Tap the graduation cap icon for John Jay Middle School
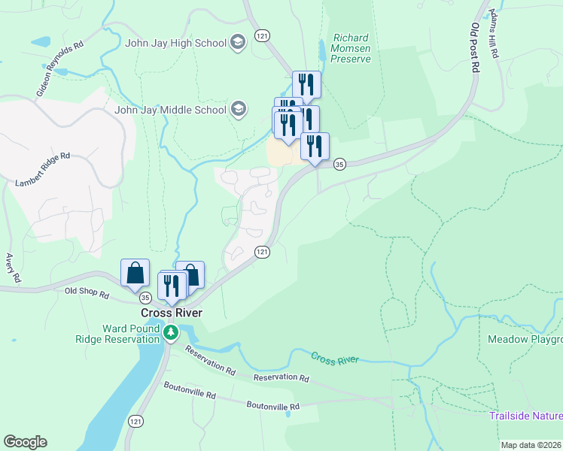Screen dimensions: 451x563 click(239, 110)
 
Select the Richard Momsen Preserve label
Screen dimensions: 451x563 click(351, 47)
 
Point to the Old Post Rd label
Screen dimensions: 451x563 click(474, 47)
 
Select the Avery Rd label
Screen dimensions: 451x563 click(11, 268)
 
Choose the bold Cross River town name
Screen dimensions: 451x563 click(172, 313)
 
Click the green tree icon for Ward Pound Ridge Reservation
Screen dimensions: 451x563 click(172, 332)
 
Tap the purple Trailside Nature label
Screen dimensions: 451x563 click(525, 416)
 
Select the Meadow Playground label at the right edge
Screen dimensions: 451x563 click(525, 340)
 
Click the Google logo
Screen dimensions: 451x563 click(25, 442)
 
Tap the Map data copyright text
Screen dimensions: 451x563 click(531, 445)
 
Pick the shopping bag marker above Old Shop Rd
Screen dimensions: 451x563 click(135, 272)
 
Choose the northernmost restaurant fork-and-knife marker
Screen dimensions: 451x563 click(306, 83)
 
